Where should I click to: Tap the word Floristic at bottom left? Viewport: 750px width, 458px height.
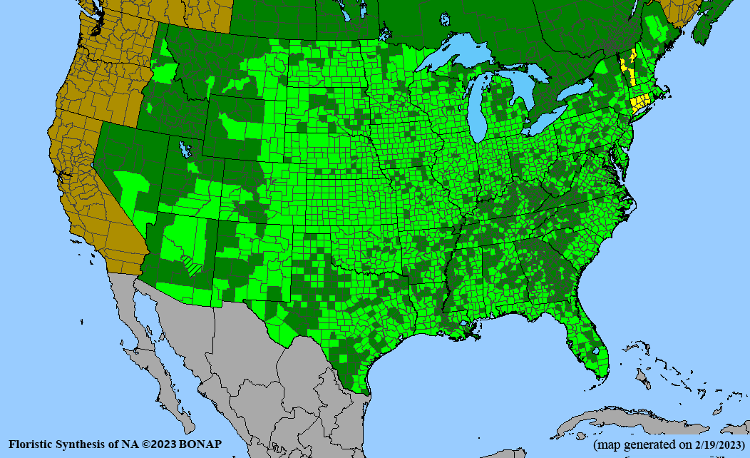pos(30,444)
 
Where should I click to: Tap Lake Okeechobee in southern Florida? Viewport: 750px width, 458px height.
pos(595,351)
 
